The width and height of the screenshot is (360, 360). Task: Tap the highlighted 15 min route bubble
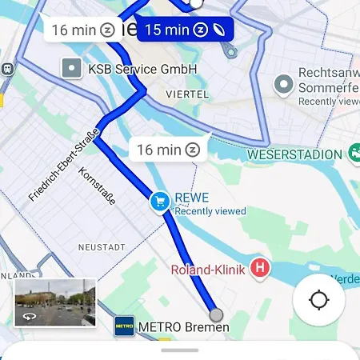tap(184, 30)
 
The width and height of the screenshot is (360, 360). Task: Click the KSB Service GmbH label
tap(144, 70)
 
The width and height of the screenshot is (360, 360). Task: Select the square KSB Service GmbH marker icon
tap(73, 69)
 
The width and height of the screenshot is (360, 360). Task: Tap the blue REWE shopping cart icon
tap(159, 202)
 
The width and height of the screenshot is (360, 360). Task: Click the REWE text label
tap(191, 198)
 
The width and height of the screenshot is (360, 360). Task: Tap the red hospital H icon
tap(260, 269)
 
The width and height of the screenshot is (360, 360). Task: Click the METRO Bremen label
tap(183, 327)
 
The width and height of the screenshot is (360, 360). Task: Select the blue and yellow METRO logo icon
tap(124, 326)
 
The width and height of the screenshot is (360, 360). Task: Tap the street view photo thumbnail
tap(55, 302)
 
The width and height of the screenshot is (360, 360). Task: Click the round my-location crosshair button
tap(318, 301)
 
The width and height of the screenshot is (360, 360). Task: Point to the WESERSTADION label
tap(294, 154)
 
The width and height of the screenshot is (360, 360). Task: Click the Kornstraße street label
tap(97, 185)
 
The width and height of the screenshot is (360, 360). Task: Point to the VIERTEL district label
tap(187, 94)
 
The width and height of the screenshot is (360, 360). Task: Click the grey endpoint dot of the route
tap(215, 314)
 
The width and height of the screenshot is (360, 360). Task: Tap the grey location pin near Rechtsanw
tap(282, 84)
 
